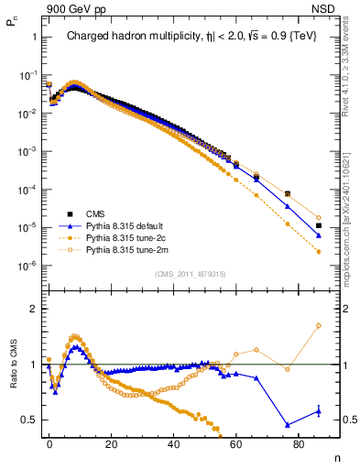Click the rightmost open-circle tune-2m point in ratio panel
tap(318, 325)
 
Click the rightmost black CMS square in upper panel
tap(318, 225)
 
